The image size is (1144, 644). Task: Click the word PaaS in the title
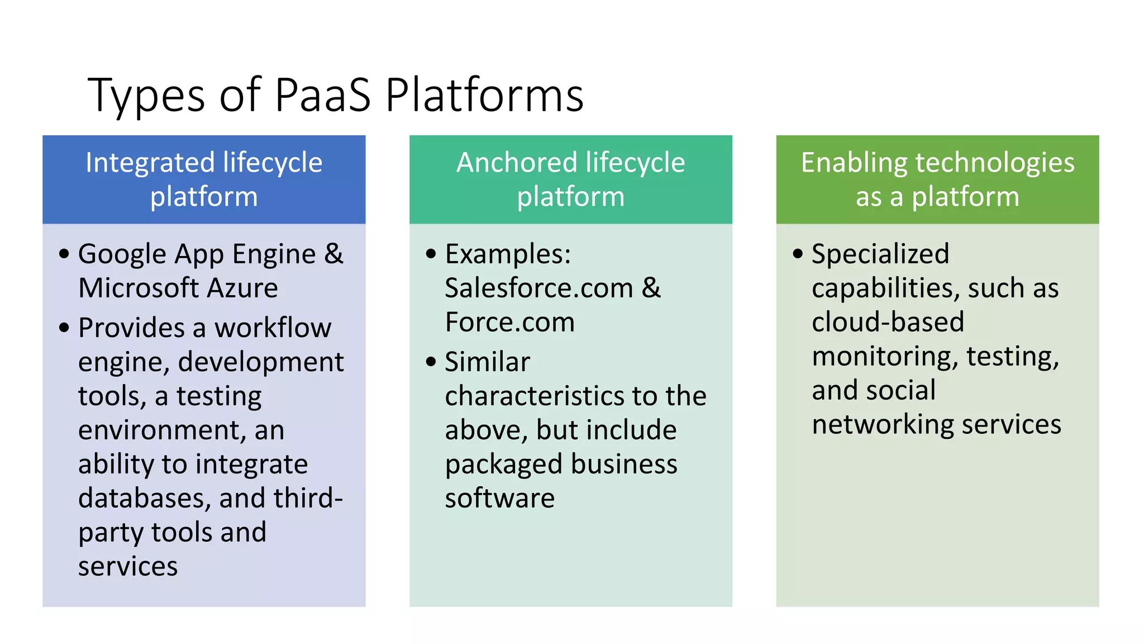(322, 95)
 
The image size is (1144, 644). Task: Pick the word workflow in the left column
(273, 328)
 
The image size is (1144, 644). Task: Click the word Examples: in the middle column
(508, 254)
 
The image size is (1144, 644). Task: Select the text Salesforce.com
(538, 288)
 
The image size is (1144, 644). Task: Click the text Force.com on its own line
(509, 323)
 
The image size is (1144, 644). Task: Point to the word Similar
(487, 362)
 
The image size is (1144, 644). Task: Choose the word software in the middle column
(499, 498)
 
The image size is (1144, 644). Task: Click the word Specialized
(880, 254)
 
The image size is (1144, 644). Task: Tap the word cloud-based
(888, 323)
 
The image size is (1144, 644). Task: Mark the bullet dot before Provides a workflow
(64, 328)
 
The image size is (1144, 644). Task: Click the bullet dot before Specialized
(798, 254)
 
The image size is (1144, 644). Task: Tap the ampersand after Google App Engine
(333, 254)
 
